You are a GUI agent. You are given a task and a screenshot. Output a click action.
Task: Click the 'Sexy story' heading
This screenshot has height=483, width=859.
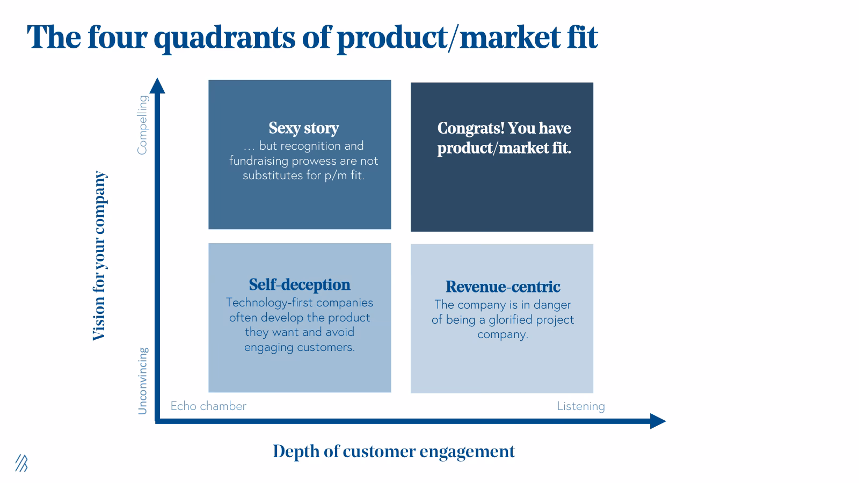tap(303, 128)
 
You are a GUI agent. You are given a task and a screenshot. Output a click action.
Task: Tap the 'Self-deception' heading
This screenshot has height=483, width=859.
tap(299, 285)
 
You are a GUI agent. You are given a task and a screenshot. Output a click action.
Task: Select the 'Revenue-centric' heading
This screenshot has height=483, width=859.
tap(503, 287)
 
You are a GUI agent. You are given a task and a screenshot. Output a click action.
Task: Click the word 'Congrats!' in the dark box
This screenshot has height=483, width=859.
tap(470, 128)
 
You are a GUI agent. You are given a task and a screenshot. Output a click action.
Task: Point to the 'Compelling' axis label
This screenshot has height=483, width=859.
tap(142, 125)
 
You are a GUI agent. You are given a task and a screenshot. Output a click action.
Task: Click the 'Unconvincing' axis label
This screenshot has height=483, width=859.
tap(142, 380)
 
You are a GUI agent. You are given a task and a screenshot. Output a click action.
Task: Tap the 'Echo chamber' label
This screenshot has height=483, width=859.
tap(208, 406)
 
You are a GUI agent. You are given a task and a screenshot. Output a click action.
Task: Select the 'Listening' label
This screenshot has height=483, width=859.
tap(580, 406)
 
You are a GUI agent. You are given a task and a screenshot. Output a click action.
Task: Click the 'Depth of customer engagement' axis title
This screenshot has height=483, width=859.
tap(394, 451)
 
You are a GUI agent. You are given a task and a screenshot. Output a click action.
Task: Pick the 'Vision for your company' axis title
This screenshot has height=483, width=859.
tap(99, 256)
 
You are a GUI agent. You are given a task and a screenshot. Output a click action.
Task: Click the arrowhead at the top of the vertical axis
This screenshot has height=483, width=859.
tap(157, 86)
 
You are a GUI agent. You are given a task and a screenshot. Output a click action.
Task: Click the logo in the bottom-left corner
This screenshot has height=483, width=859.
tap(21, 463)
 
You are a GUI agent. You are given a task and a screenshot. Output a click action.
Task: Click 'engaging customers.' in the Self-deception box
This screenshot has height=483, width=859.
tap(299, 347)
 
